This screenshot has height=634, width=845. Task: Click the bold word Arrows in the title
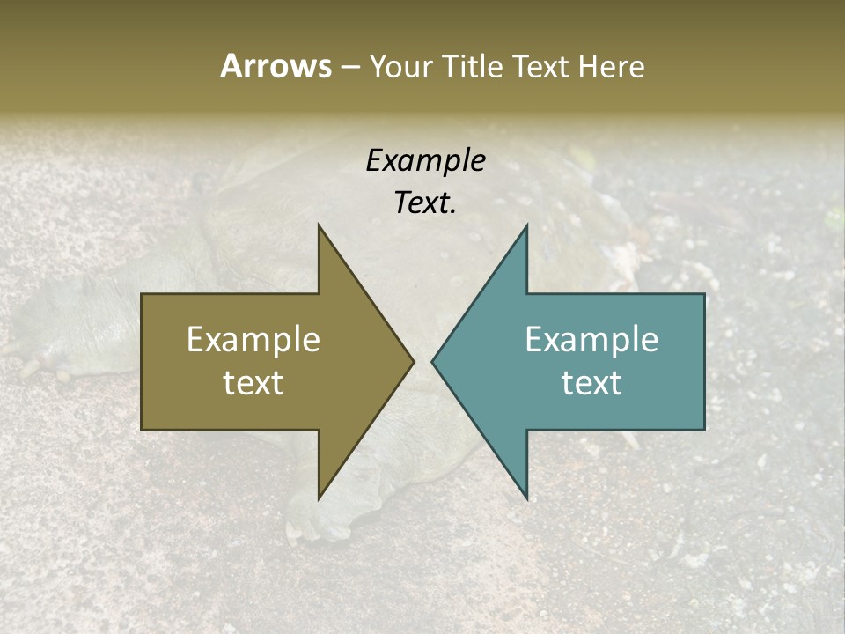(276, 66)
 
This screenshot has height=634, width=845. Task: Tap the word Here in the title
(612, 66)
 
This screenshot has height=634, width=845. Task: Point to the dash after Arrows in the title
(349, 67)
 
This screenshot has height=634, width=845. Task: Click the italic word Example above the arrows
(425, 160)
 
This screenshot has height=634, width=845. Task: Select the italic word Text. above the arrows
(425, 203)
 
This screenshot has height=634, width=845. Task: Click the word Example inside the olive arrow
(253, 340)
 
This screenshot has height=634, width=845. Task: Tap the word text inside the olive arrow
(253, 383)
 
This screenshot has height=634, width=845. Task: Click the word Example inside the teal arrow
(591, 340)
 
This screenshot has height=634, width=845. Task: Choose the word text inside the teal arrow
(591, 383)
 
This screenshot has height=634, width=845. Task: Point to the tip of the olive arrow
(413, 361)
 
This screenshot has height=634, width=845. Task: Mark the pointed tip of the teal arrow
(433, 361)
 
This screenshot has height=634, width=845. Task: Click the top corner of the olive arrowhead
(320, 226)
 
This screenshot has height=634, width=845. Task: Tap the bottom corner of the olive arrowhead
(320, 498)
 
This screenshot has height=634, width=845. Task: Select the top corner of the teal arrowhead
(526, 226)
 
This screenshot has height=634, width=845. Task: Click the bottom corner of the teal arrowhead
(526, 498)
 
